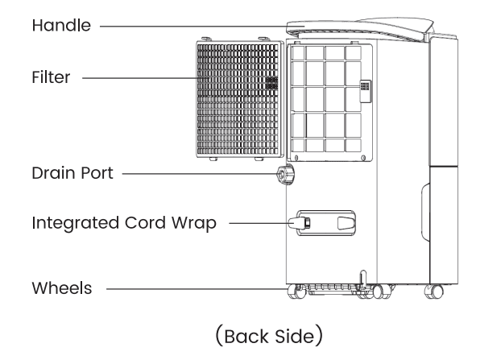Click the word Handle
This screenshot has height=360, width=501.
pos(60,25)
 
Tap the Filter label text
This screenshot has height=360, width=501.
pos(51,78)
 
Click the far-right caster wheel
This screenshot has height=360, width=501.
pos(438,291)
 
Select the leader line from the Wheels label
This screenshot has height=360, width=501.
pos(193,288)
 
